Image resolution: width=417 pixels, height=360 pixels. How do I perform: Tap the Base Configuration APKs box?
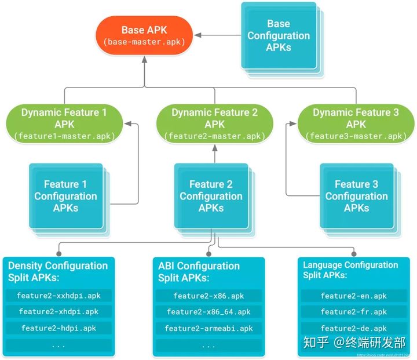coord(278,36)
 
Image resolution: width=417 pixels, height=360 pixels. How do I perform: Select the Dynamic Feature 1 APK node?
coord(64,124)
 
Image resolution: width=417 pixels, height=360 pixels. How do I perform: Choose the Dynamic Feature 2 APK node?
coord(214,124)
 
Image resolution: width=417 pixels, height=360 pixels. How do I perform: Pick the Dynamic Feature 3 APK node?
coord(356,124)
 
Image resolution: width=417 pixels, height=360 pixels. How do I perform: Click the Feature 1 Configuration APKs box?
coord(65,196)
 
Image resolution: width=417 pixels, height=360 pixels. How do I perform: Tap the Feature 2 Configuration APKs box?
coord(211,196)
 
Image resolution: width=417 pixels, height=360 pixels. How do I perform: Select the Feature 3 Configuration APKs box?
coord(356,196)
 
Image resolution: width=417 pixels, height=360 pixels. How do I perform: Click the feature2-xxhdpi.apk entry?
coord(58,296)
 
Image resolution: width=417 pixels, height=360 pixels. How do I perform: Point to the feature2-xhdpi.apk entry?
coord(58,312)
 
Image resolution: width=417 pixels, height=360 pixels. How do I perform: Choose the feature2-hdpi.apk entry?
coord(58,328)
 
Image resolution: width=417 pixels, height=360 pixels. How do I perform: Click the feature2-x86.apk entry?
coord(209,296)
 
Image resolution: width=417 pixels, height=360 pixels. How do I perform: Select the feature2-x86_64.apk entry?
coord(209,312)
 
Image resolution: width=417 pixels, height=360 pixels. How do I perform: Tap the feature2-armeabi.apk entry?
coord(209,328)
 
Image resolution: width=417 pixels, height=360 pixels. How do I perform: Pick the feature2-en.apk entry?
coord(353,296)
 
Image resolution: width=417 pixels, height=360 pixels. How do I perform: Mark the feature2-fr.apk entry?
coord(353,312)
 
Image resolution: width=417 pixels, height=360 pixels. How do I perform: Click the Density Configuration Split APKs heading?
coord(58,271)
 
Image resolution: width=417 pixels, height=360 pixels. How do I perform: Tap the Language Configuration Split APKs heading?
coord(350,270)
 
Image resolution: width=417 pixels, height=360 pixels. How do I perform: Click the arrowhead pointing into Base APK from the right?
coord(198,35)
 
